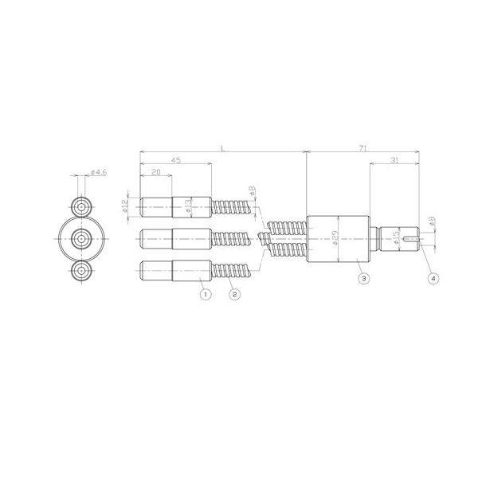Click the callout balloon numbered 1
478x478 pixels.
[205, 294]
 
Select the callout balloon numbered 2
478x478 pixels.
[234, 294]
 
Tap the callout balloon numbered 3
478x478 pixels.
[363, 279]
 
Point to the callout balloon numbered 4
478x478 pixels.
[433, 279]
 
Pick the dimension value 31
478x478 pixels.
[395, 162]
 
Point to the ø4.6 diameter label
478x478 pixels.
[99, 173]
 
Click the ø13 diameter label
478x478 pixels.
[188, 206]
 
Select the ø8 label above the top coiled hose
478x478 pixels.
[251, 192]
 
